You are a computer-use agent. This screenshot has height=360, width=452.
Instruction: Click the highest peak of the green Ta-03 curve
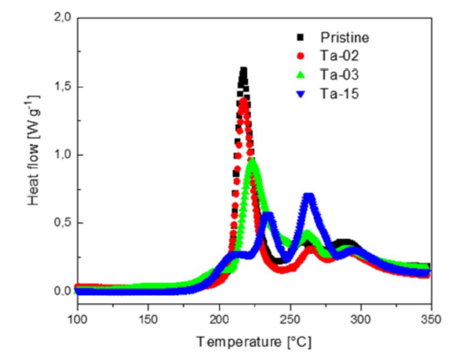click(253, 161)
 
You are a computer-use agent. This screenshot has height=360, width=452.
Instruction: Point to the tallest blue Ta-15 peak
click(310, 195)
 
